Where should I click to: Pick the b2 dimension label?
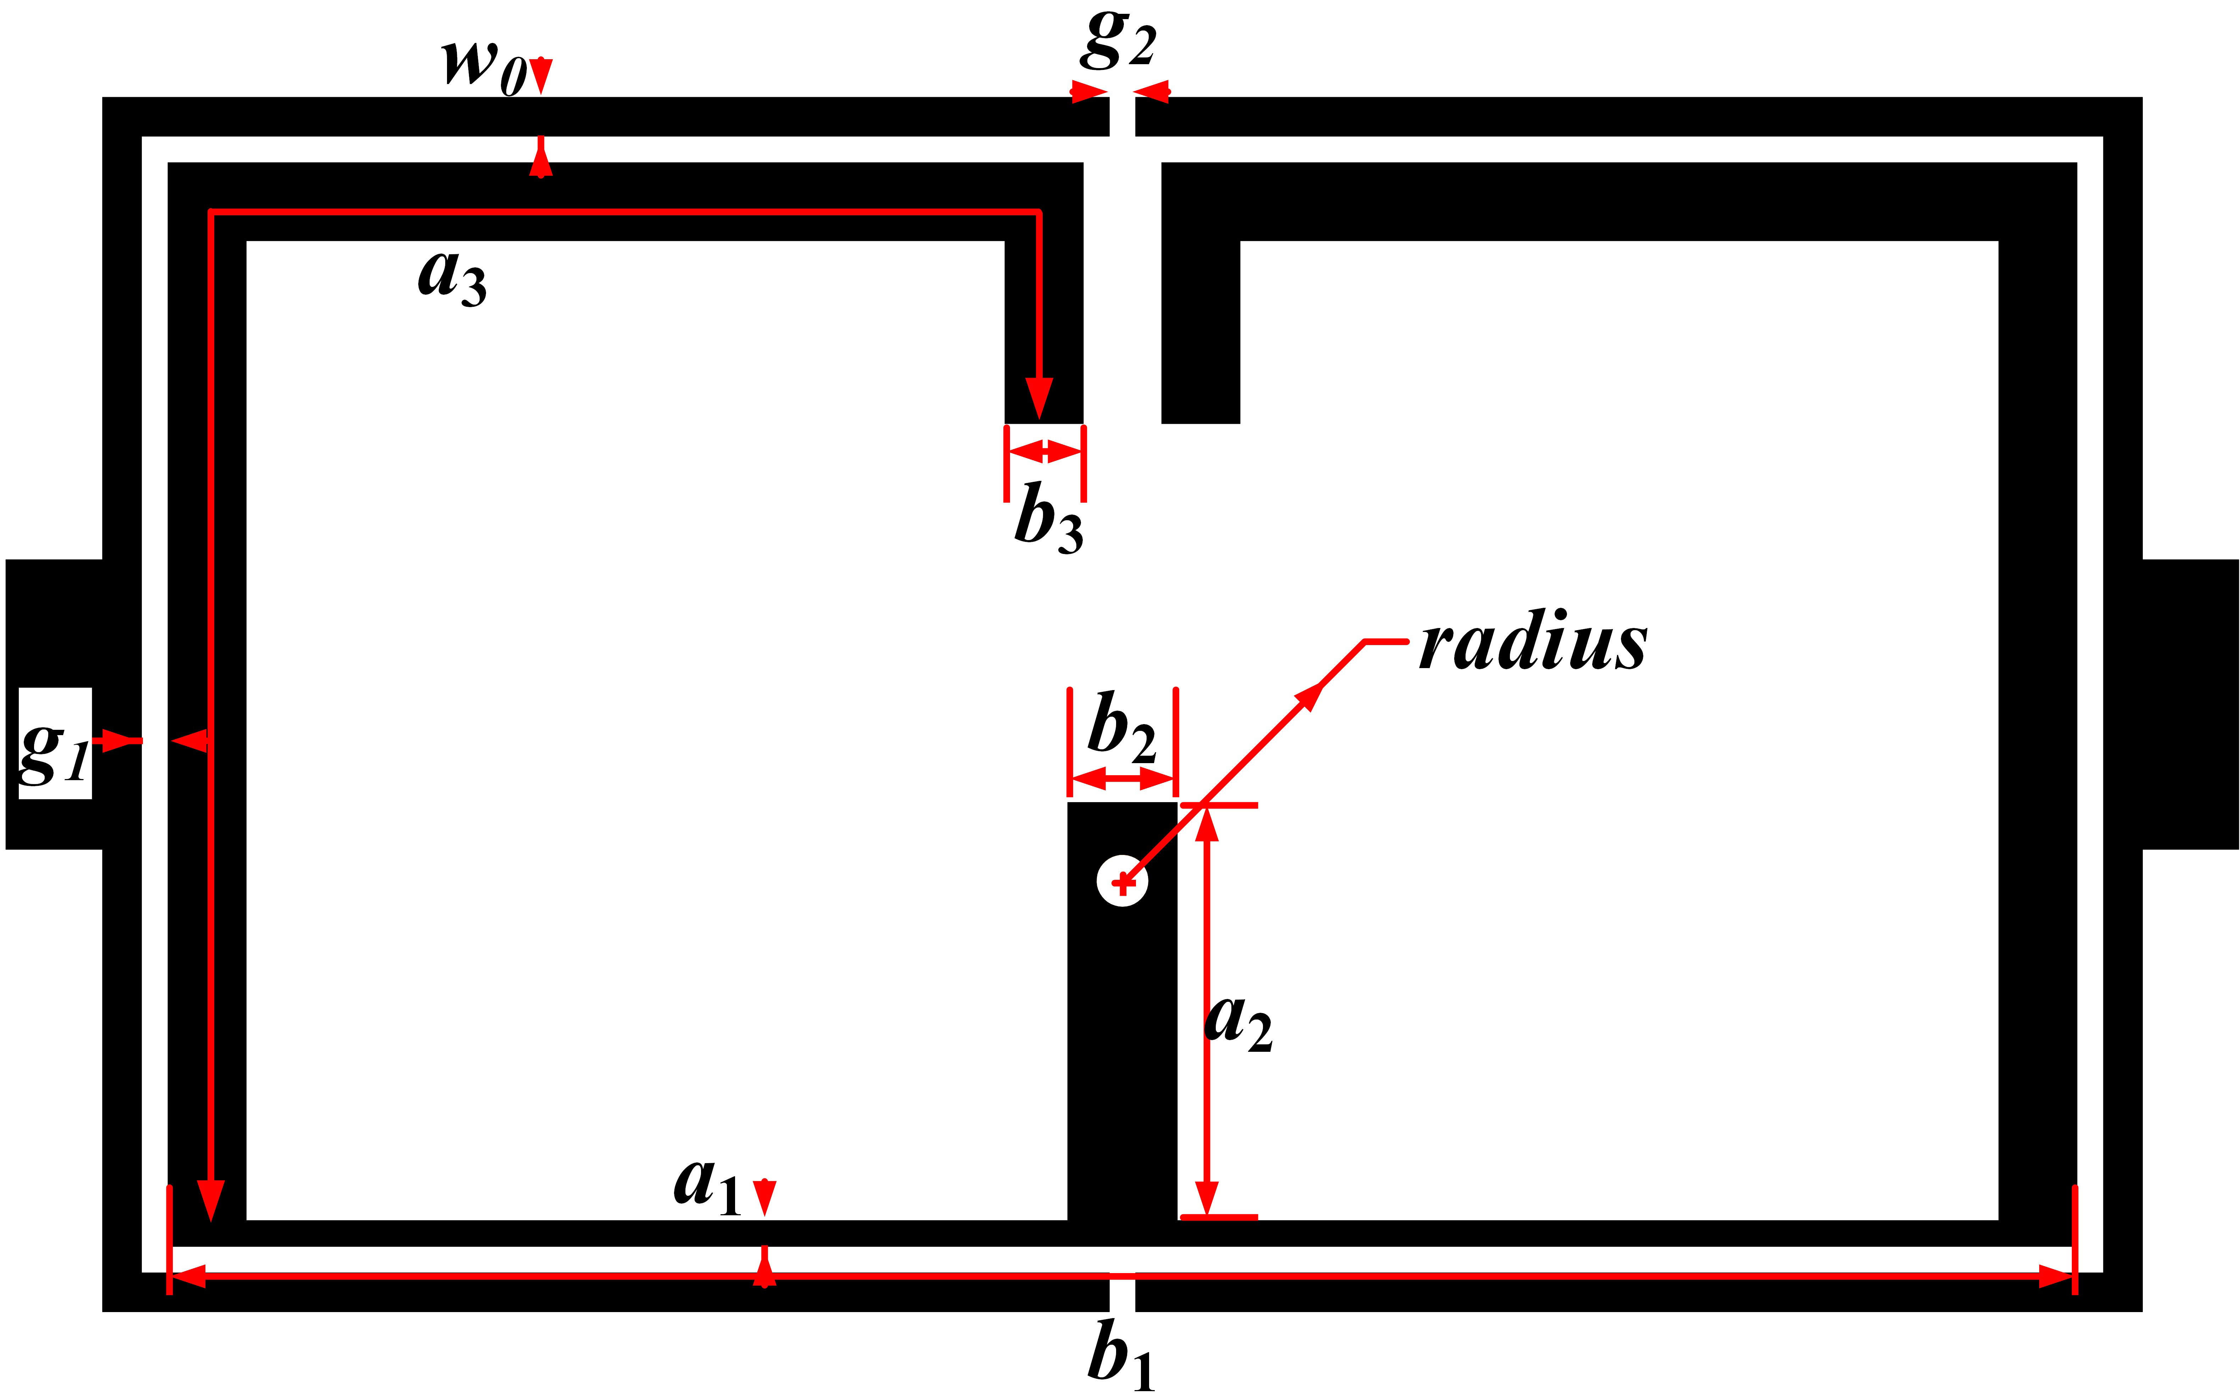1121,728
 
